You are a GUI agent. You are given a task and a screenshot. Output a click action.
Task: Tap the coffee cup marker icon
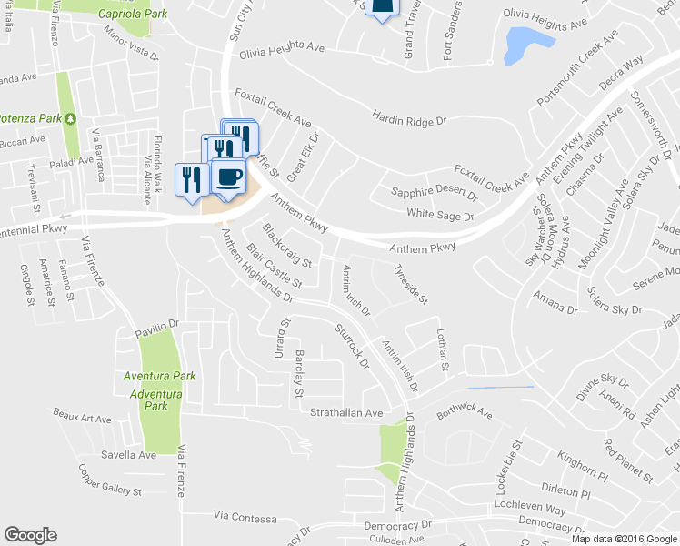point(228,175)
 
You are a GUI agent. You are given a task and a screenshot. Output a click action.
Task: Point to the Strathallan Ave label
point(347,412)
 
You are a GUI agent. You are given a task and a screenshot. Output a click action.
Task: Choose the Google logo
point(30,535)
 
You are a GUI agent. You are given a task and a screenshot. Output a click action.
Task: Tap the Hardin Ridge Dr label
point(410,118)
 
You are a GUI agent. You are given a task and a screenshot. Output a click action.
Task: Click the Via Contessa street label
point(245,518)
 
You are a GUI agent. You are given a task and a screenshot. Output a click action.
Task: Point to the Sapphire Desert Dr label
point(434,193)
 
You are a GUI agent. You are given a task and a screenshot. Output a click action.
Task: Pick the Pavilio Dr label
point(159,323)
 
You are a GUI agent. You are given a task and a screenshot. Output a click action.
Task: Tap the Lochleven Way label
point(530,503)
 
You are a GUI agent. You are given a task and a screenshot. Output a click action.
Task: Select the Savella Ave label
point(129,454)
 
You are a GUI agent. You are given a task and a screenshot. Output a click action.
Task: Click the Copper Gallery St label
point(110,480)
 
